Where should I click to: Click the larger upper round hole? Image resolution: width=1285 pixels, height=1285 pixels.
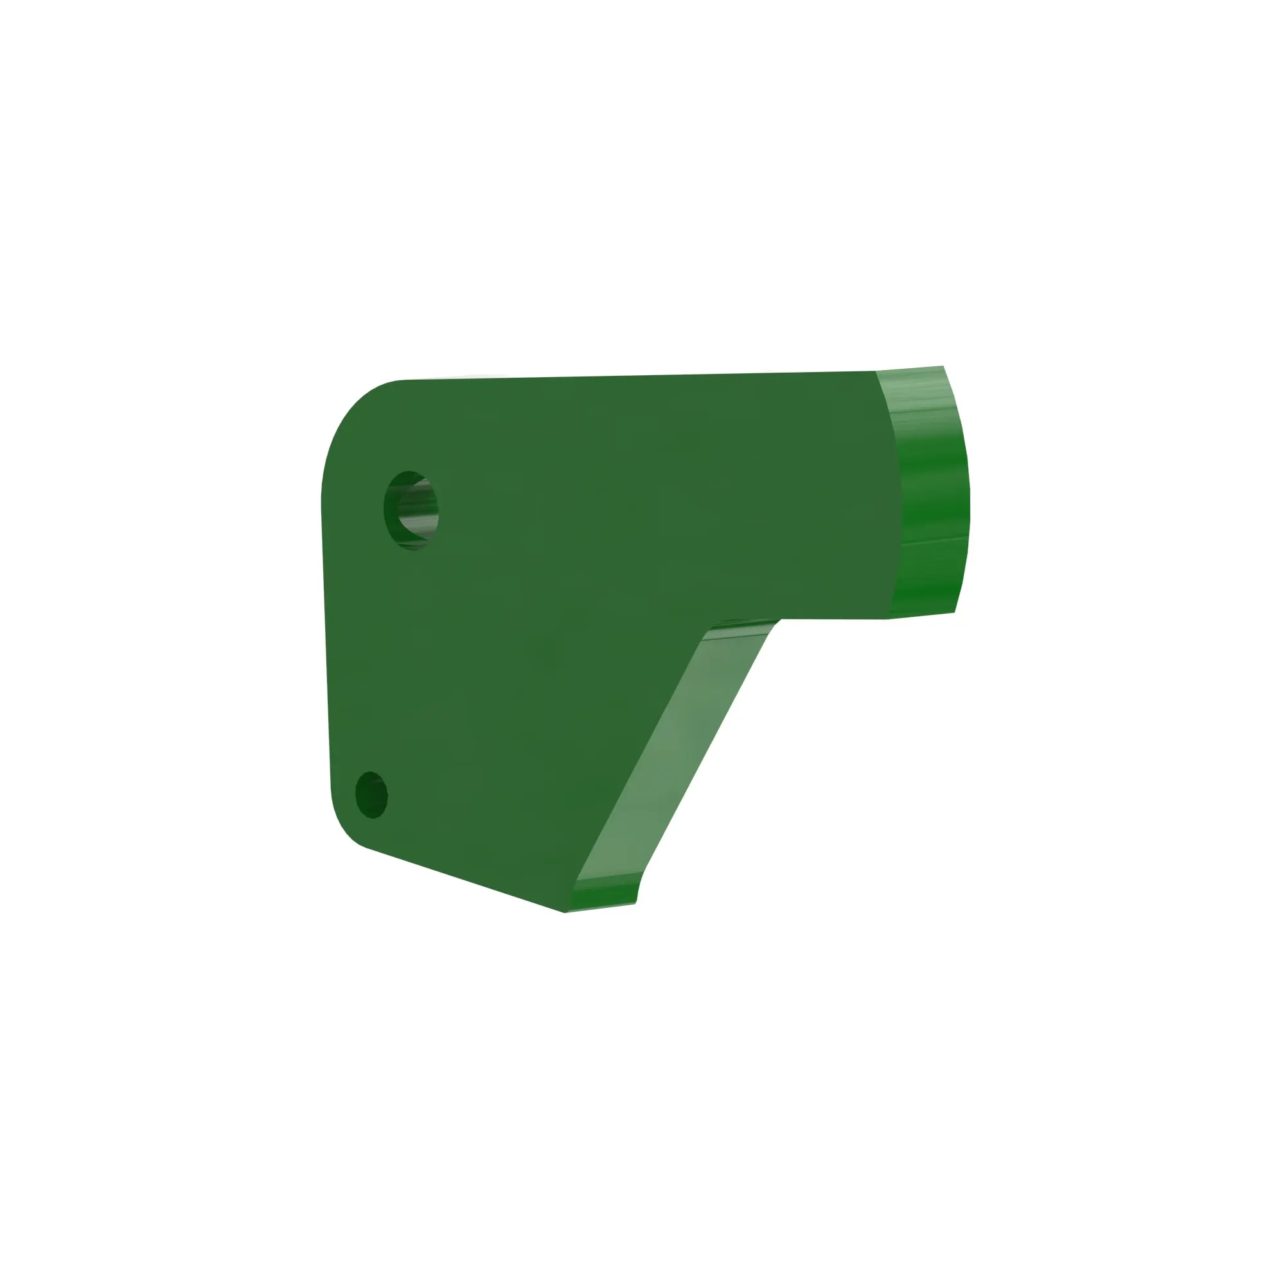(411, 510)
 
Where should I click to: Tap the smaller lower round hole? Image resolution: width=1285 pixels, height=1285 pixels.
(371, 795)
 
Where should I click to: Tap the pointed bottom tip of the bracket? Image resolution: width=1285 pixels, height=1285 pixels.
(565, 911)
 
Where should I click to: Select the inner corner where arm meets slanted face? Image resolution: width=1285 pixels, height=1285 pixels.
(778, 620)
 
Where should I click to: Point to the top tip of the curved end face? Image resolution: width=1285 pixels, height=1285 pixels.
(943, 366)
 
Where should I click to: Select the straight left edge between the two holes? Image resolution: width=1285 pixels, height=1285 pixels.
(325, 651)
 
